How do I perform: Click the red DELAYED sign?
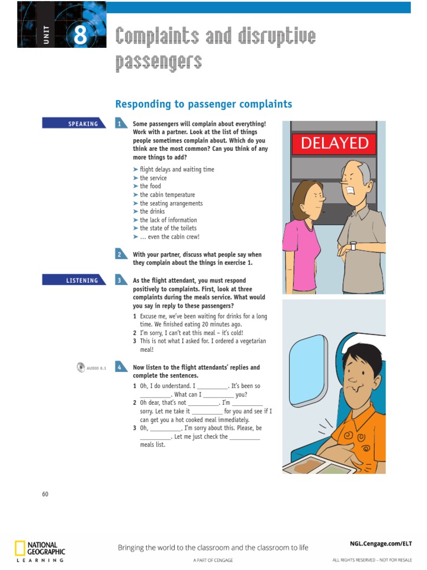(x=335, y=144)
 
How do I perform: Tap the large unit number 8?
(x=80, y=36)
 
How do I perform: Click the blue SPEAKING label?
(x=74, y=124)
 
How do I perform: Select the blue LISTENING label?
(x=74, y=281)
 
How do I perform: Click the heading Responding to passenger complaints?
(x=203, y=104)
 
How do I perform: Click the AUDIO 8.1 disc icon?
(x=81, y=367)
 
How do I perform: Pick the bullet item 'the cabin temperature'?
(x=167, y=195)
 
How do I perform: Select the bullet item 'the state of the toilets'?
(x=168, y=228)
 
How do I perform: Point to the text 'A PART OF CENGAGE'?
(x=213, y=559)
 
